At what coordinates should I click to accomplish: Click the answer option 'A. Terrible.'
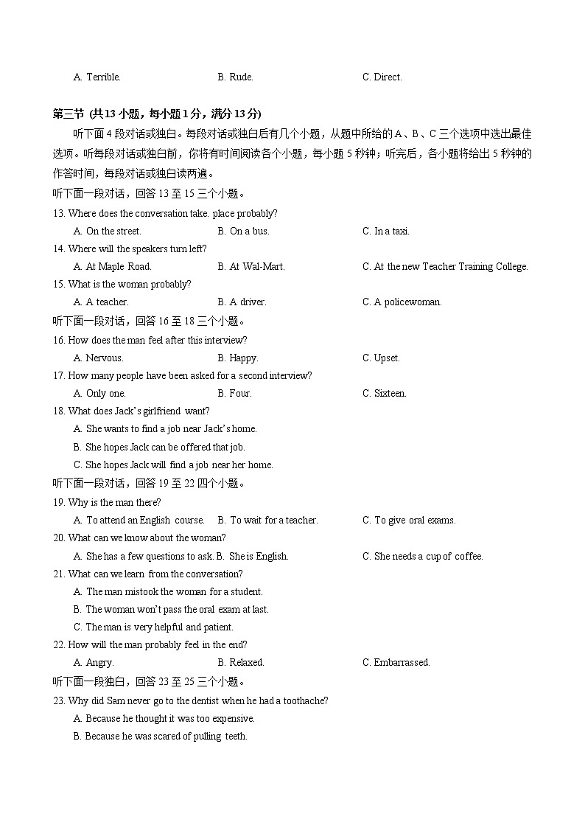coord(97,77)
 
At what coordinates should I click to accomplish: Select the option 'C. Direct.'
coord(382,77)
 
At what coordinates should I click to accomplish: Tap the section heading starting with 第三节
coord(156,114)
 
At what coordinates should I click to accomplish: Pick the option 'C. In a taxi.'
coord(385,231)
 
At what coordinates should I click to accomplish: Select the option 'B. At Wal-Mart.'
coord(251,266)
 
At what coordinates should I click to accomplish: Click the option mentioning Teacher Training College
coord(445,266)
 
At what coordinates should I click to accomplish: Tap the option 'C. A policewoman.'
coord(402,302)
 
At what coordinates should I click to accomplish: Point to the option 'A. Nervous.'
coord(99,358)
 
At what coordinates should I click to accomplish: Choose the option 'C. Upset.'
coord(381,358)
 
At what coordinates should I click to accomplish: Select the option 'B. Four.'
coord(234,393)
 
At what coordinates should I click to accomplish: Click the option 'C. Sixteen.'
coord(384,393)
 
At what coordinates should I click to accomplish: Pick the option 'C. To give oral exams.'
coord(409,520)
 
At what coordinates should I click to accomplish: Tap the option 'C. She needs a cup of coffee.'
coord(422,556)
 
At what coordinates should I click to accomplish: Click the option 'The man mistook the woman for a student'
coord(168,591)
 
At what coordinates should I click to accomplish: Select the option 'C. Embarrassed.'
coord(396,662)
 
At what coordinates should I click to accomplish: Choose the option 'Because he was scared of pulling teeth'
coord(161,736)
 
